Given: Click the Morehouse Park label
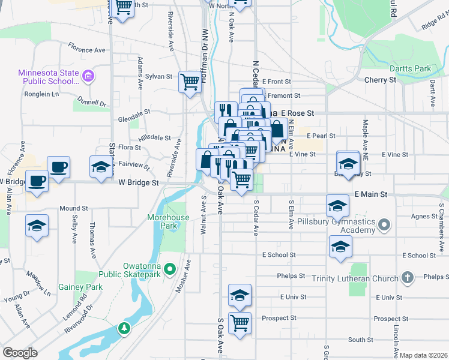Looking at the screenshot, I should [x=170, y=221].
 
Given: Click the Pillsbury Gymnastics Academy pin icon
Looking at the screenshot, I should [x=385, y=226].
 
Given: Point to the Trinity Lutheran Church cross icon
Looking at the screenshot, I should [x=407, y=278].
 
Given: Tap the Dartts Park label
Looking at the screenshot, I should [x=409, y=68].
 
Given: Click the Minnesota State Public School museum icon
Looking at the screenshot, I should [x=88, y=76].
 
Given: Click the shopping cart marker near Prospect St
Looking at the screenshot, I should [x=240, y=323].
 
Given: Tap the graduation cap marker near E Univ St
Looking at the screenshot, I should [x=240, y=295].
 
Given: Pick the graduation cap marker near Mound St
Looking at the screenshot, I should [x=37, y=226].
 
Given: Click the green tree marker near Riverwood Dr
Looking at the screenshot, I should [x=124, y=328].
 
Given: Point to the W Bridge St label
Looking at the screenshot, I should [x=138, y=182].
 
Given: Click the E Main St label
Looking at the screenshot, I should [x=371, y=194].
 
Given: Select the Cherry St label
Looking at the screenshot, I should [x=380, y=80].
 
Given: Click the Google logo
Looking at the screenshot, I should [x=20, y=353].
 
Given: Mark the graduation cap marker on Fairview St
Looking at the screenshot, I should [x=101, y=167].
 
